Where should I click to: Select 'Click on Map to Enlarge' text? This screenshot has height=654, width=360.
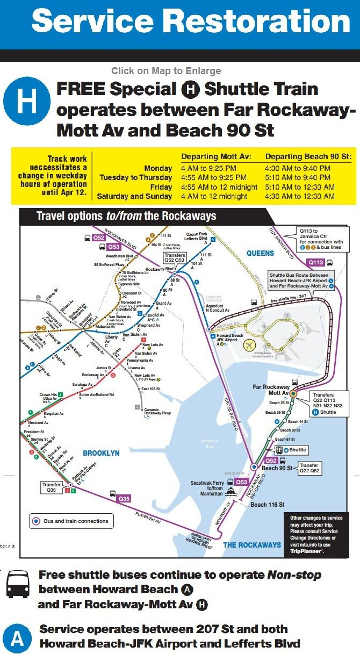coord(166,71)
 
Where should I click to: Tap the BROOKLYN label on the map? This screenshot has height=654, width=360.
coord(101,453)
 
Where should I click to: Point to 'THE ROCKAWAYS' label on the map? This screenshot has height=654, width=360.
coord(252,544)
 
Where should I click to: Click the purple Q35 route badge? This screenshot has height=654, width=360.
coord(124,498)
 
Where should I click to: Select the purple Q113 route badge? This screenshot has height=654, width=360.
coord(316,262)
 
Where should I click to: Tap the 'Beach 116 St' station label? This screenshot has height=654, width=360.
coord(268,505)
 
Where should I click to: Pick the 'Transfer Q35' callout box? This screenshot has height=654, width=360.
coord(52,487)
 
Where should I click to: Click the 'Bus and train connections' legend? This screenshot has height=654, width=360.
coord(70,521)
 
